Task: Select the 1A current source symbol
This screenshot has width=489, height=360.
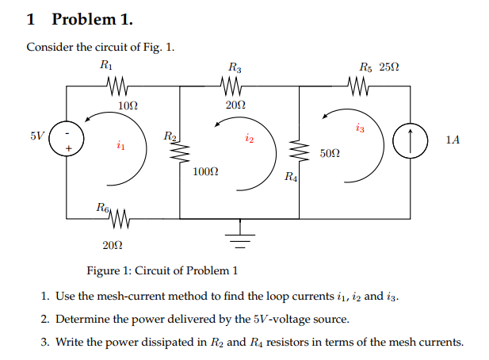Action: tap(410, 140)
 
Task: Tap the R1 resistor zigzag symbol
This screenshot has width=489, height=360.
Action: tap(118, 84)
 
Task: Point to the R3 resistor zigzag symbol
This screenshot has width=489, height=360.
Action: tap(235, 84)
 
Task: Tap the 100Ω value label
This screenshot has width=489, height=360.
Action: tap(205, 171)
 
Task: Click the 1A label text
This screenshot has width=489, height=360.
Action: tap(452, 140)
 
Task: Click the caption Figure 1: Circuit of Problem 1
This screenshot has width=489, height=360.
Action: tap(162, 270)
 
